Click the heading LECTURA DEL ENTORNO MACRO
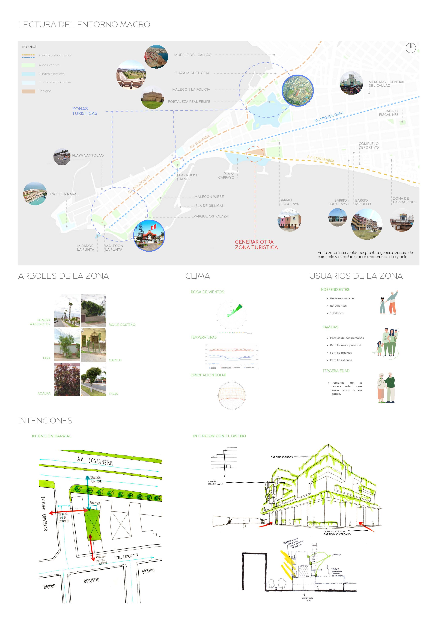(x=84, y=25)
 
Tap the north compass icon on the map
(x=410, y=48)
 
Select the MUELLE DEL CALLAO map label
(x=193, y=55)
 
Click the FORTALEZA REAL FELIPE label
(x=189, y=102)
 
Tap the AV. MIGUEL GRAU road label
(x=329, y=117)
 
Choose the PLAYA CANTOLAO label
(x=88, y=155)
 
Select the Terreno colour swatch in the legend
(x=28, y=91)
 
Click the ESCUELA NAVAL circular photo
(x=35, y=193)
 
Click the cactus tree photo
(x=94, y=345)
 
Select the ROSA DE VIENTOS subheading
(x=207, y=292)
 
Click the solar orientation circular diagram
(x=232, y=395)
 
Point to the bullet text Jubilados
(x=336, y=313)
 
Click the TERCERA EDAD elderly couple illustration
(x=386, y=387)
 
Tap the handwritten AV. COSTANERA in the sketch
(x=95, y=461)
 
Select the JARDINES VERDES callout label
(x=282, y=457)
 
